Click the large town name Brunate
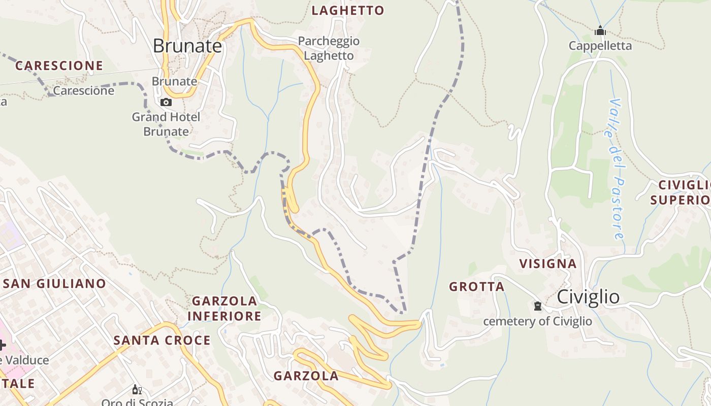tap(187, 46)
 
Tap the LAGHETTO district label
tap(348, 11)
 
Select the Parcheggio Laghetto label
tap(329, 48)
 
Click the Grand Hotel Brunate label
tap(166, 124)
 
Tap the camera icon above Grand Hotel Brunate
tap(166, 103)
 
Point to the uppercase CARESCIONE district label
tap(59, 65)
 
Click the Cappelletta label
tap(600, 46)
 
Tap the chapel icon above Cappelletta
tap(600, 31)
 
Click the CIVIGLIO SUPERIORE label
tap(681, 192)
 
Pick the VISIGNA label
tap(548, 264)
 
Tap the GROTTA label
tap(477, 287)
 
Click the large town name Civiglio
tap(588, 297)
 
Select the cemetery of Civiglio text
tap(537, 321)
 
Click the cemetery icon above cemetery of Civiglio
tap(537, 306)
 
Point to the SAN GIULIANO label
tap(54, 284)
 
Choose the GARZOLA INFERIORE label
tap(224, 309)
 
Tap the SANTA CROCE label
tap(162, 340)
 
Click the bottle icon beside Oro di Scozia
tap(137, 390)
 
